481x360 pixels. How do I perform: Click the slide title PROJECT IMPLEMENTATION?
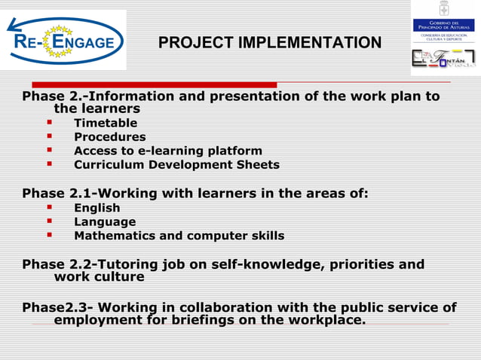click(269, 42)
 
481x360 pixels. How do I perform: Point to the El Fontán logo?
click(443, 59)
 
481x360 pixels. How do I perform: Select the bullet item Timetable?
click(106, 123)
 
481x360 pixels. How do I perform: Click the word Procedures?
click(109, 137)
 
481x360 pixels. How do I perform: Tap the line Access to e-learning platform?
click(167, 151)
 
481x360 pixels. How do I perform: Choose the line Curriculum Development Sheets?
click(176, 165)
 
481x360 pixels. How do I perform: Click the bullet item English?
click(97, 208)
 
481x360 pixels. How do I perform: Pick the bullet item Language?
click(105, 222)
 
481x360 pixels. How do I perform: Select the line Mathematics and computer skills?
click(179, 236)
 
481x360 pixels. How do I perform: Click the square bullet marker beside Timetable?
click(50, 123)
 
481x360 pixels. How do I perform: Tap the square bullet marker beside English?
click(50, 208)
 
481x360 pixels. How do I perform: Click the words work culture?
click(99, 277)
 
